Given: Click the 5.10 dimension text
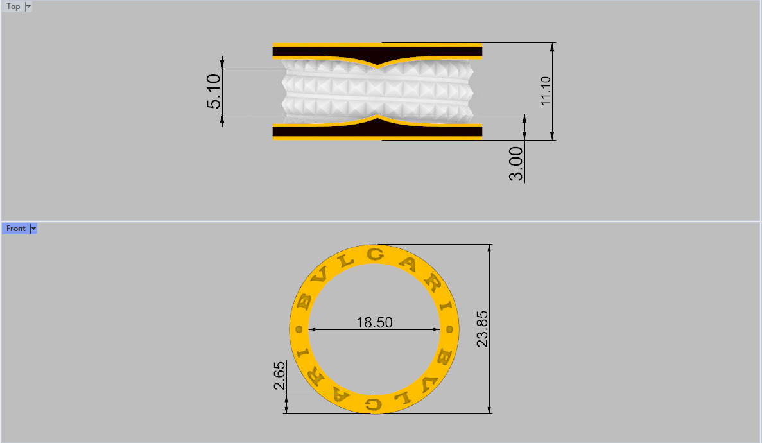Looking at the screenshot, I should [x=214, y=91].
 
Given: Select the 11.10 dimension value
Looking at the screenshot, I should [x=546, y=91].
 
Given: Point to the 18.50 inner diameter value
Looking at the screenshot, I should [x=374, y=322].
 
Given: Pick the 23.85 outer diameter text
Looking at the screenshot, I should [x=483, y=329].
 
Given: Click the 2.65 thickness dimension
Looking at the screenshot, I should [x=279, y=376].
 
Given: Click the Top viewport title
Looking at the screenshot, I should [x=13, y=6].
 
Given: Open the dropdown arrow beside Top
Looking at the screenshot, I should [x=28, y=6].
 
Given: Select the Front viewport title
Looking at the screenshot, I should [x=15, y=229].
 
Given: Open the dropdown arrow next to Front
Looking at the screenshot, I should [x=33, y=229].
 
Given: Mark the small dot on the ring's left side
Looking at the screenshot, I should [x=299, y=329].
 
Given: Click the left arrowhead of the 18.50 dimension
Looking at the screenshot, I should [x=312, y=330].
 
